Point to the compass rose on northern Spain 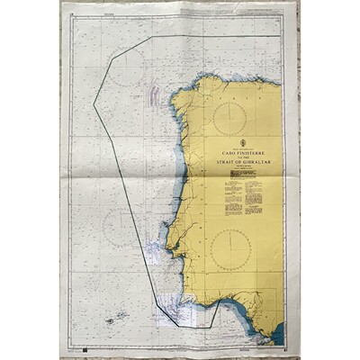[x=233, y=117]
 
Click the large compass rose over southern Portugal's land [x=231, y=249]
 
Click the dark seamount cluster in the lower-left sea [x=116, y=318]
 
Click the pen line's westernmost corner [x=94, y=104]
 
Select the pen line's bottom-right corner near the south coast [x=219, y=304]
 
